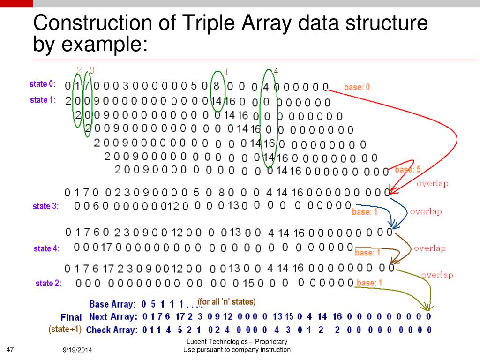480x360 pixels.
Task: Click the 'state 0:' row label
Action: pos(42,84)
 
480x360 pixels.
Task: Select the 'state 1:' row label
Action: pos(42,100)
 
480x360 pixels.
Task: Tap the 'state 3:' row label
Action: pos(46,206)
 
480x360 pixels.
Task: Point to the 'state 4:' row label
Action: pos(46,249)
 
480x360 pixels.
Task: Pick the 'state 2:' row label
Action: pos(48,283)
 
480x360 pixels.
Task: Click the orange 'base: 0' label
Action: pos(357,87)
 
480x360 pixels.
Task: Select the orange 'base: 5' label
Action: pos(407,170)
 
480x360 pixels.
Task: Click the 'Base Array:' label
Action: pos(112,304)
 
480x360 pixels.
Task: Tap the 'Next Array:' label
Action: pos(113,317)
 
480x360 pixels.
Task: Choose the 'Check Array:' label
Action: pos(112,330)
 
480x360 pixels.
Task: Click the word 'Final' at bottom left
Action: pos(71,317)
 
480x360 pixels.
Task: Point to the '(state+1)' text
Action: pos(65,330)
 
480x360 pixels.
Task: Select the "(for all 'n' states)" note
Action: pos(226,301)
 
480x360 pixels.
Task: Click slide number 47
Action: pos(11,349)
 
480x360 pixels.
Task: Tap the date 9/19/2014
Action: pos(77,350)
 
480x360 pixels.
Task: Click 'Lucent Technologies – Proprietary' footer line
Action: pos(237,342)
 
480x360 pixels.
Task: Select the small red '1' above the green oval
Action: pos(227,72)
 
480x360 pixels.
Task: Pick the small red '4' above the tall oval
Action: pos(276,72)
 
